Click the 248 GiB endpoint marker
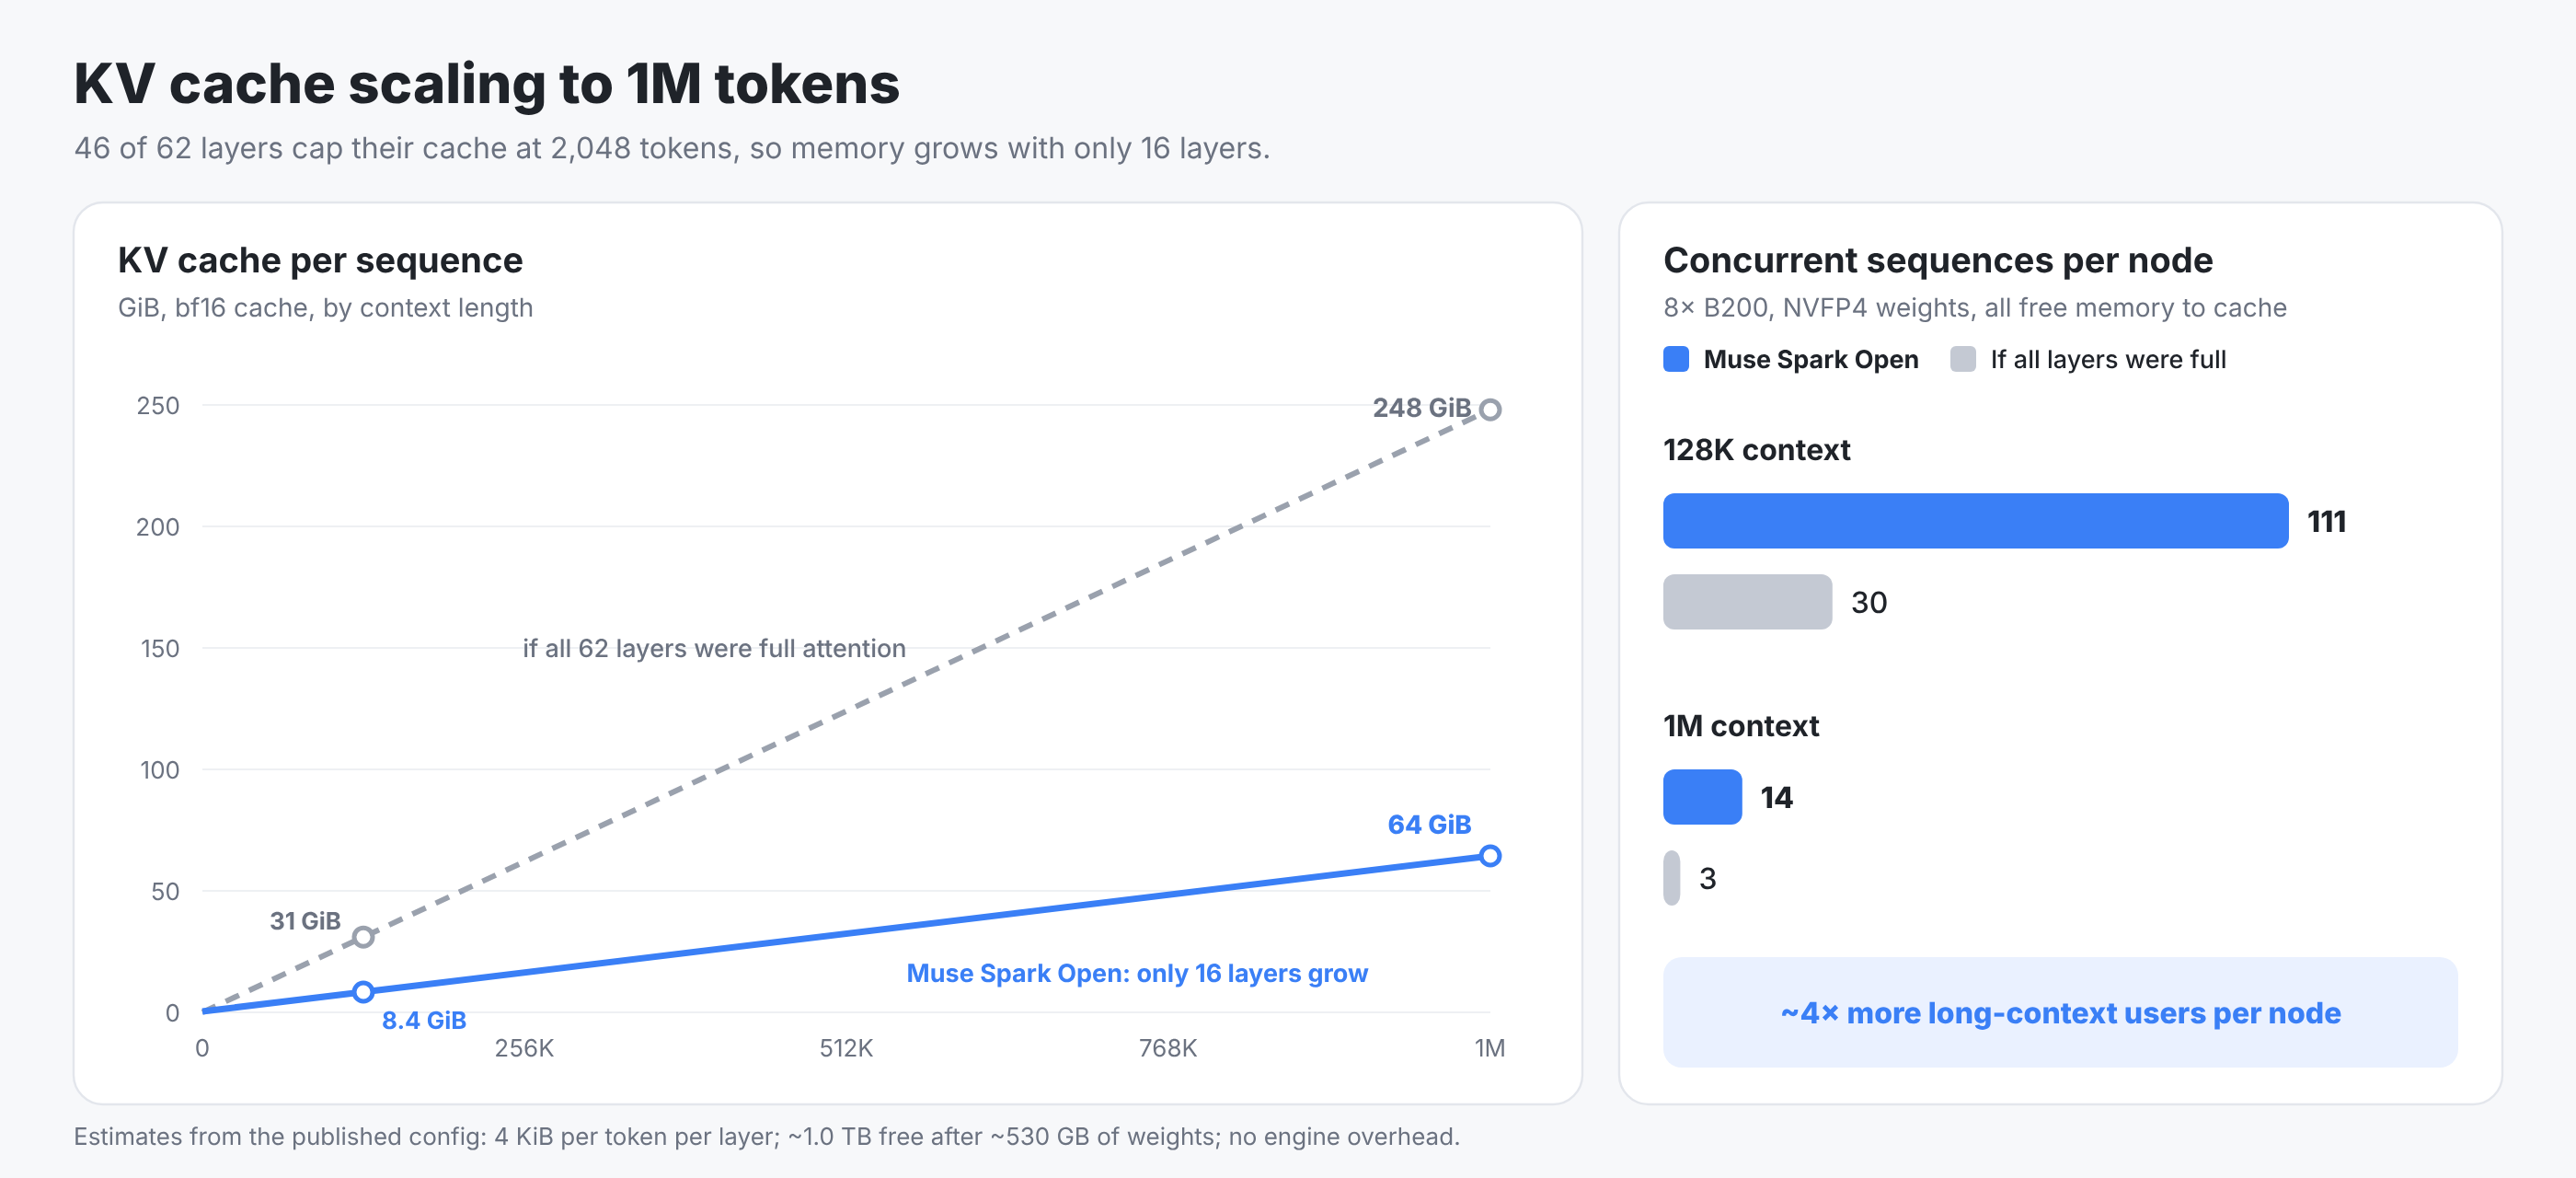[x=1490, y=409]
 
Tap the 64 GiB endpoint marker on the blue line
[x=1490, y=855]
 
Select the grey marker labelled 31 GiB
[x=363, y=937]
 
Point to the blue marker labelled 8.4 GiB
[x=363, y=991]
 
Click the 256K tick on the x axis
[x=524, y=1048]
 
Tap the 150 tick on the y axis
[x=160, y=648]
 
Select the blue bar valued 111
[x=1975, y=520]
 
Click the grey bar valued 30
[x=1747, y=601]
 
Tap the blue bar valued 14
[x=1702, y=796]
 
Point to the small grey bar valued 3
[x=1671, y=877]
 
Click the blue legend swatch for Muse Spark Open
[x=1676, y=359]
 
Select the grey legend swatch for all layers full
[x=1963, y=359]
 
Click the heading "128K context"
[x=1756, y=450]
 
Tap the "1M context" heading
[x=1740, y=726]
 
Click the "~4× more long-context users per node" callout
[x=2060, y=1012]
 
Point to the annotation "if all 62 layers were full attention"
[x=714, y=648]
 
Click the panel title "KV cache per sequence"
[x=320, y=260]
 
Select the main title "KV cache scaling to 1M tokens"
[x=486, y=83]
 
